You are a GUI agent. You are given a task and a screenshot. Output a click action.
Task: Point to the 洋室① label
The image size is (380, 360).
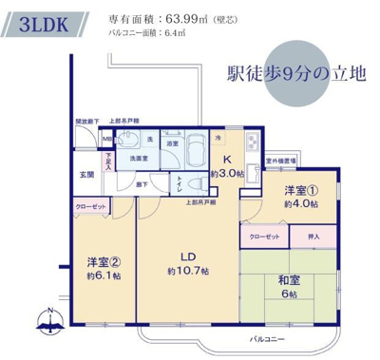pyautogui.click(x=302, y=190)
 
